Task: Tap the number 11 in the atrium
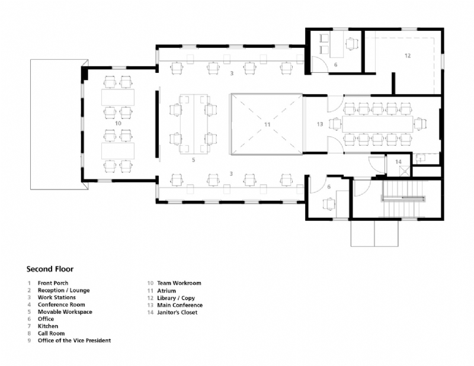pyautogui.click(x=267, y=124)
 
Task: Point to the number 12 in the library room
pyautogui.click(x=407, y=55)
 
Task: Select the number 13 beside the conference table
pyautogui.click(x=320, y=124)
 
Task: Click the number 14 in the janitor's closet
pyautogui.click(x=398, y=162)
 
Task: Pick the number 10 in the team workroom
pyautogui.click(x=118, y=123)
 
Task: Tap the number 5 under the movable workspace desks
pyautogui.click(x=193, y=160)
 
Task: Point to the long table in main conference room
pyautogui.click(x=377, y=124)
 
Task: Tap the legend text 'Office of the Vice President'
pyautogui.click(x=74, y=341)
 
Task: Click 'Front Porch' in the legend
pyautogui.click(x=55, y=284)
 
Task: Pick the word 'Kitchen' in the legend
pyautogui.click(x=48, y=326)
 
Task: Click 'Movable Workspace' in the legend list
pyautogui.click(x=65, y=312)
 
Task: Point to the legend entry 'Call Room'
pyautogui.click(x=52, y=333)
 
